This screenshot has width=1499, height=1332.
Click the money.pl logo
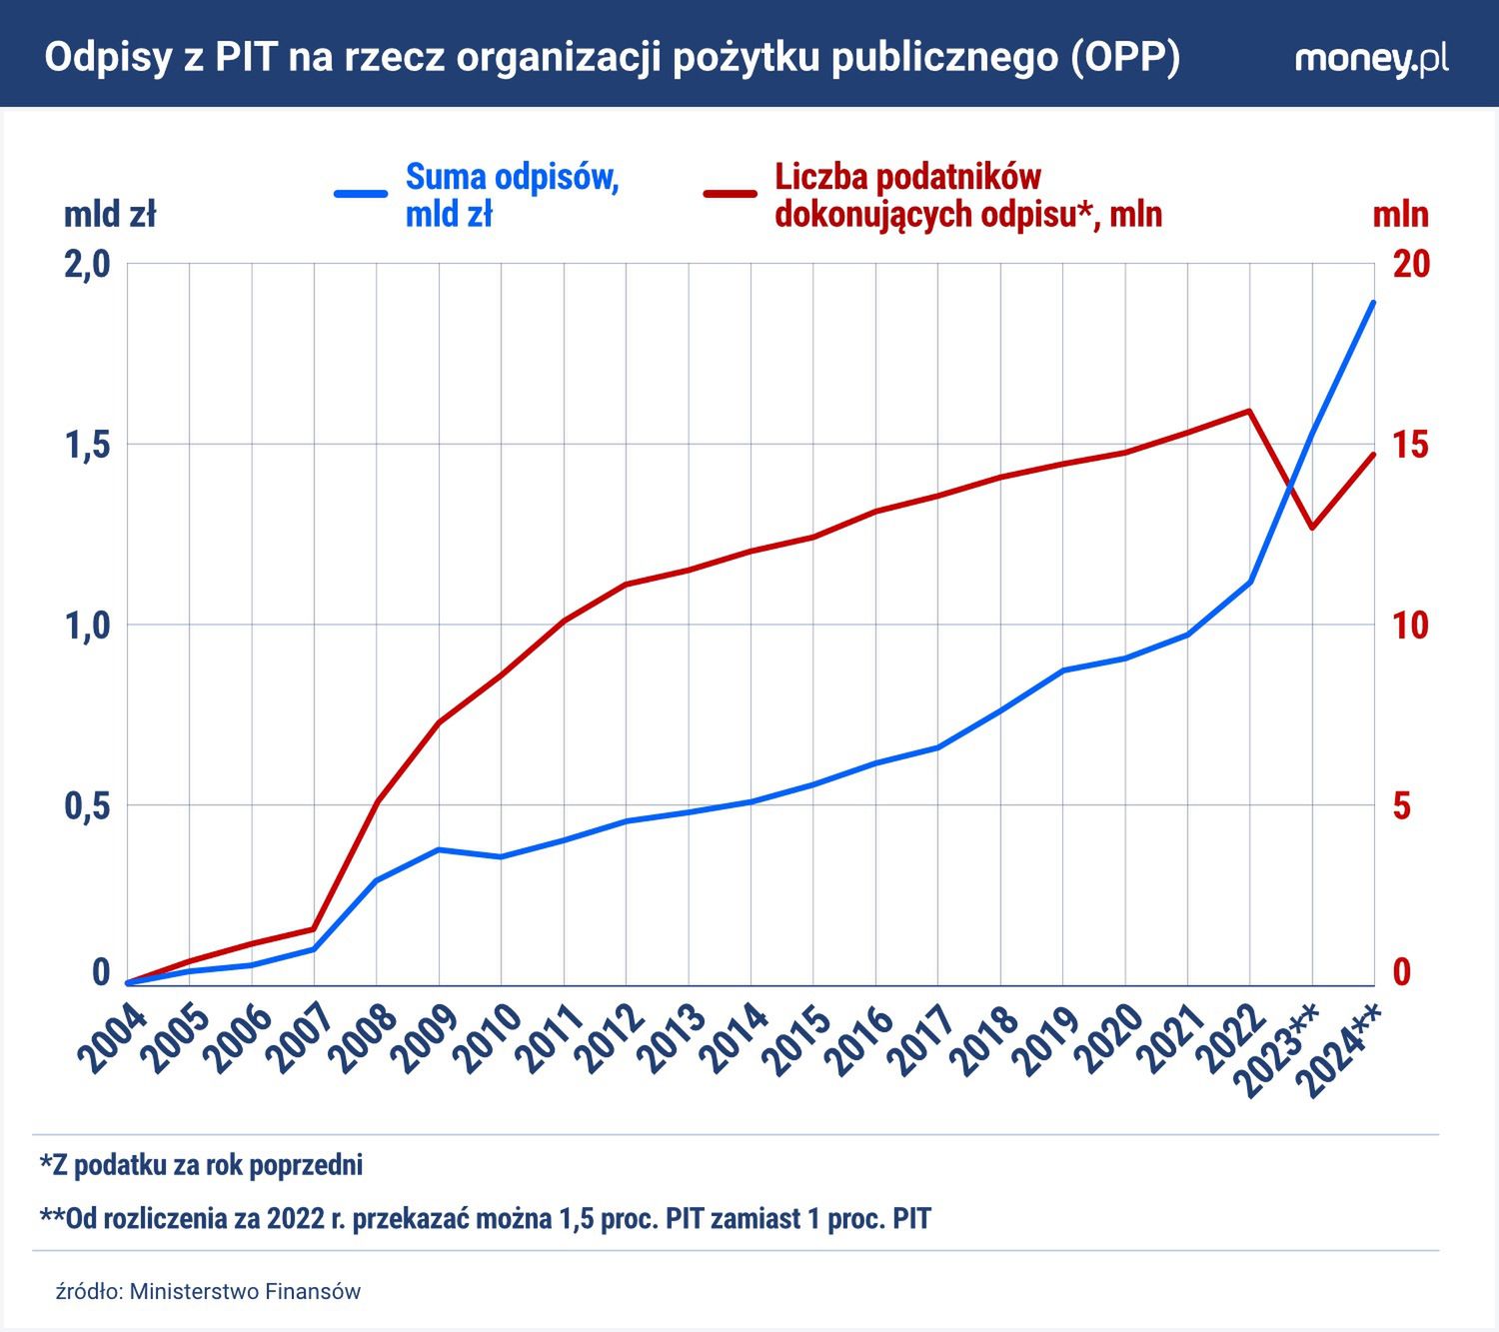coord(1370,58)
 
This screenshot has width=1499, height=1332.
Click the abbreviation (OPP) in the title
coord(1124,58)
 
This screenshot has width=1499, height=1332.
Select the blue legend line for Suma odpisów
coord(361,193)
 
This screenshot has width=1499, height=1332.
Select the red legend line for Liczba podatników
coord(731,193)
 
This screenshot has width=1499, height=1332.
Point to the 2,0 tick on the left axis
coord(87,265)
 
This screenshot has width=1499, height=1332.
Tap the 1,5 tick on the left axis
coord(87,446)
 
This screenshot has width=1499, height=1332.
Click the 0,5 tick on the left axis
coord(87,806)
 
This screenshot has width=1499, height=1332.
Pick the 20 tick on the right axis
coord(1411,265)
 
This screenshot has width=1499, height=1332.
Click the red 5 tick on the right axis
coord(1402,806)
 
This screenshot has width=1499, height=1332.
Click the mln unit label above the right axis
coord(1400,215)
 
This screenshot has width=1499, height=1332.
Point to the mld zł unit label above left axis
coord(110,215)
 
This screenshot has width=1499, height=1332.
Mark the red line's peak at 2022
coord(1249,411)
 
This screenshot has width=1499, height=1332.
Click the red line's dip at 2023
coord(1312,528)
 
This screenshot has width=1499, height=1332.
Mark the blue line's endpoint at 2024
coord(1374,302)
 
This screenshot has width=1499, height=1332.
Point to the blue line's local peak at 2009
coord(439,849)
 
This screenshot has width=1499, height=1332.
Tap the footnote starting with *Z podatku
coord(201,1165)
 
